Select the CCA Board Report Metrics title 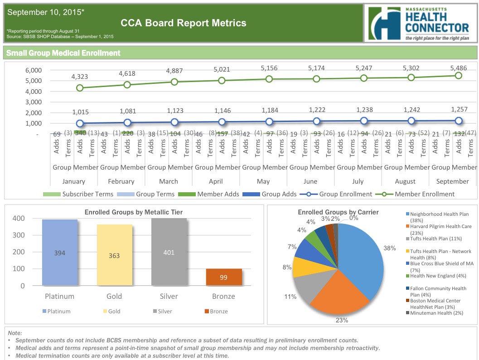pyautogui.click(x=184, y=23)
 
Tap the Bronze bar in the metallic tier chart pyautogui.click(x=223, y=277)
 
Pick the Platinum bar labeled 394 pyautogui.click(x=60, y=253)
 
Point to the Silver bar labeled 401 pyautogui.click(x=168, y=252)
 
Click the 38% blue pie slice pyautogui.click(x=360, y=258)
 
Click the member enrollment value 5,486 pyautogui.click(x=458, y=68)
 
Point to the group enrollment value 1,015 pyautogui.click(x=80, y=112)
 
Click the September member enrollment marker pyautogui.click(x=458, y=75)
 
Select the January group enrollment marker pyautogui.click(x=80, y=123)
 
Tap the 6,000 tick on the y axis pyautogui.click(x=34, y=70)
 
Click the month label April pyautogui.click(x=216, y=181)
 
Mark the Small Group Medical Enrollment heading pyautogui.click(x=63, y=53)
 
